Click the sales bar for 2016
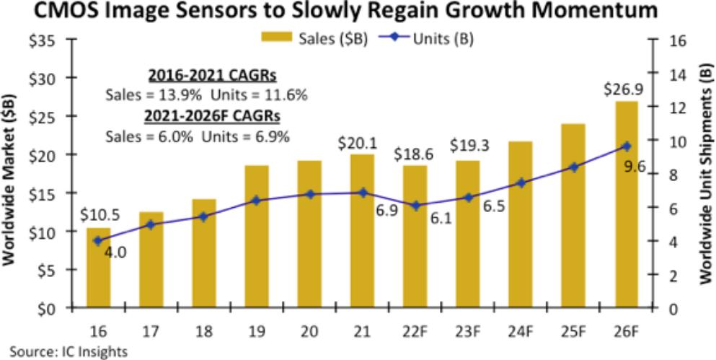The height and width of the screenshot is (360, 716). [99, 268]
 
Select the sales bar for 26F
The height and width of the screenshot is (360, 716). [627, 205]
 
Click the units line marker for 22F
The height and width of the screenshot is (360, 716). [415, 206]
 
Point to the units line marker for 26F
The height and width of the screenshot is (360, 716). [627, 146]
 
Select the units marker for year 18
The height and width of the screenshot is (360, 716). [204, 216]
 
